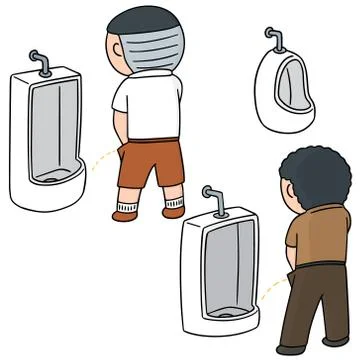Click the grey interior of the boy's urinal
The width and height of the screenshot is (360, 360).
pos(49,130)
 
